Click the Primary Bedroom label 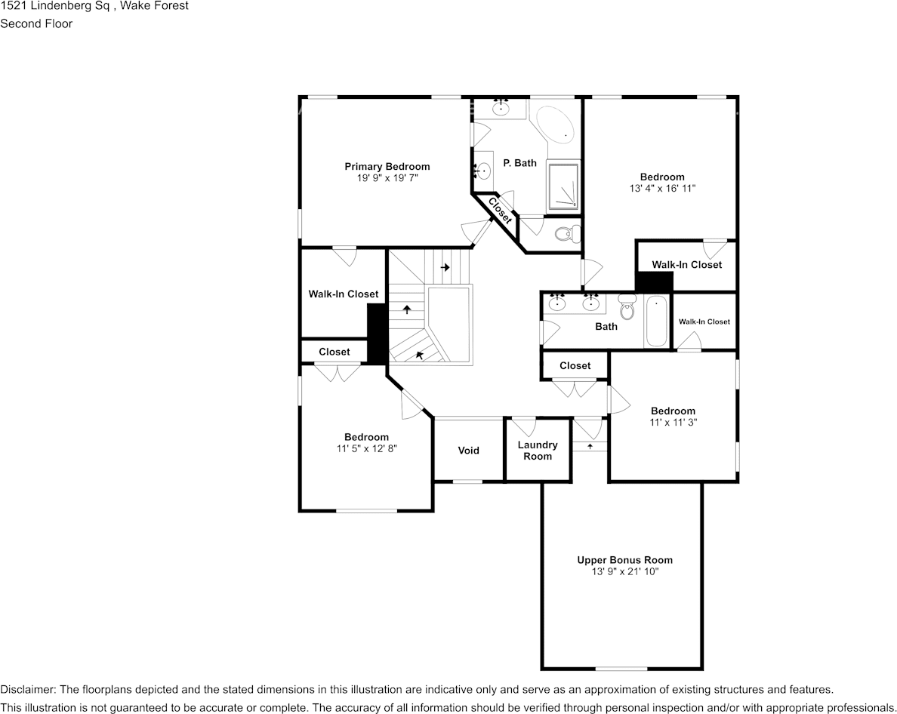pyautogui.click(x=387, y=167)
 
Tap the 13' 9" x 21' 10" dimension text pyautogui.click(x=625, y=572)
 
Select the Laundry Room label pyautogui.click(x=538, y=451)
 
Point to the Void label pyautogui.click(x=468, y=451)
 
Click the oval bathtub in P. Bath pyautogui.click(x=555, y=125)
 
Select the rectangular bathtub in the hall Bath pyautogui.click(x=657, y=322)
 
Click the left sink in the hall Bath pyautogui.click(x=557, y=303)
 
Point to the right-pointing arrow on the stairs pyautogui.click(x=445, y=267)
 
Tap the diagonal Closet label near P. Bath pyautogui.click(x=500, y=211)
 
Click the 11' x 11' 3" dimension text pyautogui.click(x=673, y=423)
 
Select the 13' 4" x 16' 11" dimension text pyautogui.click(x=662, y=189)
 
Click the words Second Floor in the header pyautogui.click(x=36, y=23)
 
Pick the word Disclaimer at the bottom pyautogui.click(x=26, y=690)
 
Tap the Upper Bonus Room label pyautogui.click(x=625, y=560)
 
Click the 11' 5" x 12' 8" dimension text pyautogui.click(x=366, y=448)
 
